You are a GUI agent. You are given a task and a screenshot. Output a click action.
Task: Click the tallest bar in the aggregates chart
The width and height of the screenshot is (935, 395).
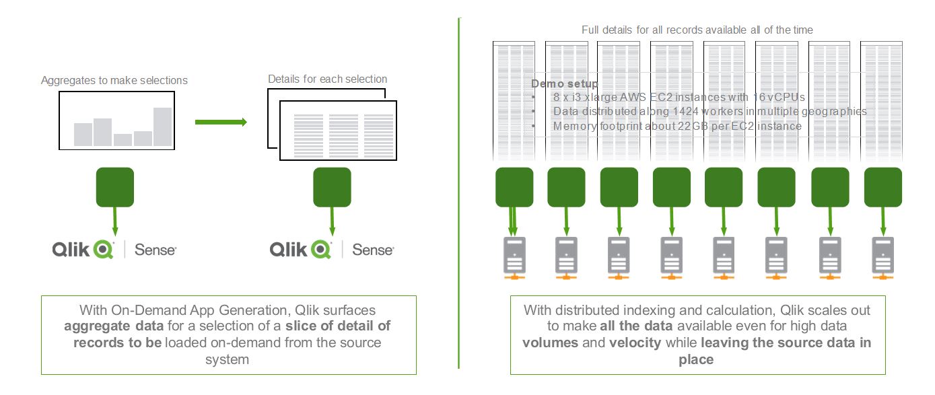[162, 127]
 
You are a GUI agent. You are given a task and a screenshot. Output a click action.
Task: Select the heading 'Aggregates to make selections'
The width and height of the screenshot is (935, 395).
[114, 81]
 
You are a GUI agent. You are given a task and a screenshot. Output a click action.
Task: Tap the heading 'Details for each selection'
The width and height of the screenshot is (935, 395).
[327, 79]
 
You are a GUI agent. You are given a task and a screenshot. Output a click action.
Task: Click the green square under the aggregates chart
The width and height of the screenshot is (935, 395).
[115, 186]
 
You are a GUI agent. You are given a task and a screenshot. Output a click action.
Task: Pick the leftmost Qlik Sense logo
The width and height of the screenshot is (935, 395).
[114, 250]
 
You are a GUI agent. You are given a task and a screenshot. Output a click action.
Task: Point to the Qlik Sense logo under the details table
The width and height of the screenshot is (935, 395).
[331, 250]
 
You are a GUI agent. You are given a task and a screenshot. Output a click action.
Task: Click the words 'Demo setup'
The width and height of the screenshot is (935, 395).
[564, 84]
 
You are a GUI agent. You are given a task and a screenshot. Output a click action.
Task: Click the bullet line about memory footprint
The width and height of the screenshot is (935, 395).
[677, 126]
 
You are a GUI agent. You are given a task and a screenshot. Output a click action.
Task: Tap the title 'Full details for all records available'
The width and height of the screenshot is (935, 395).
[697, 30]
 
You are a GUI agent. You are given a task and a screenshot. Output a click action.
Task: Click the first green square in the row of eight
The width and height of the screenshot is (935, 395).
[514, 186]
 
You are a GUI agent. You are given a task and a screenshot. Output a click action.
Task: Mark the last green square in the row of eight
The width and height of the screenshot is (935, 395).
[882, 186]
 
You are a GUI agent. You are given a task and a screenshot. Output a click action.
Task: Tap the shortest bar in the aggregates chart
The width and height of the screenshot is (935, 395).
[123, 140]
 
